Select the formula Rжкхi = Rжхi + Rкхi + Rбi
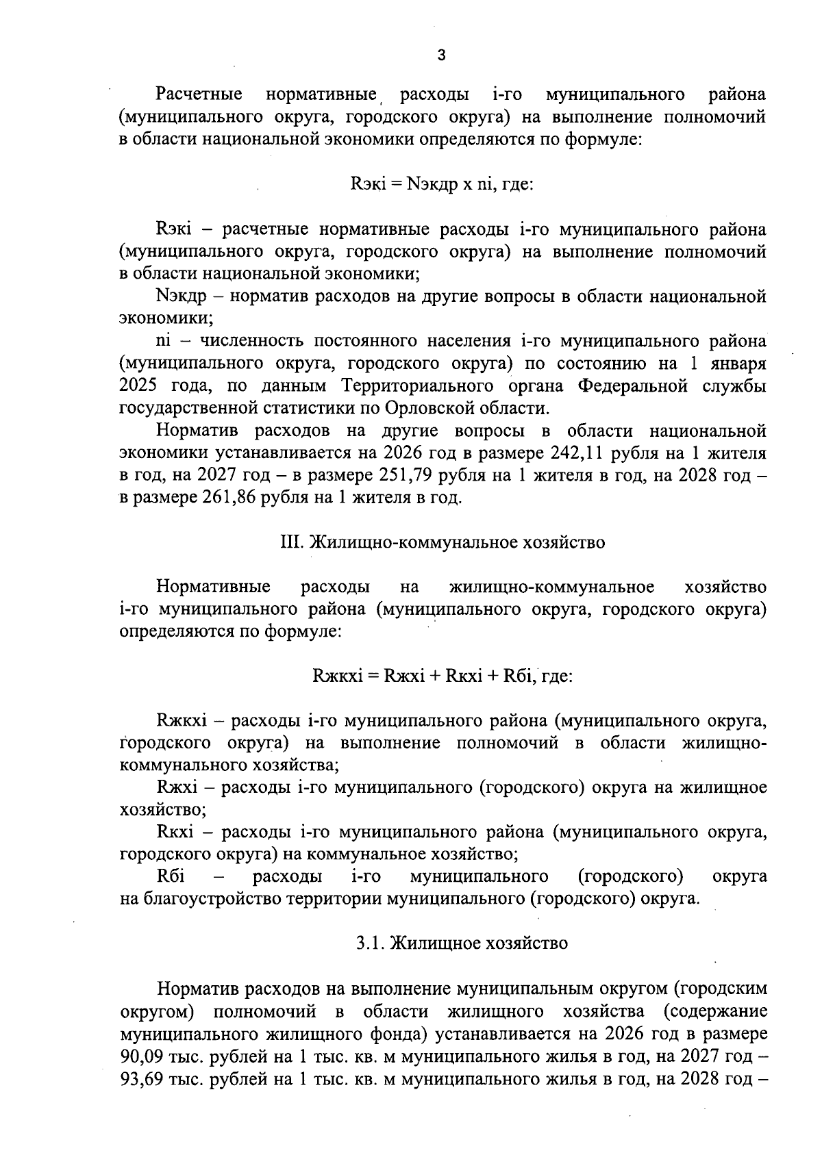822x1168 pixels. pos(442,676)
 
